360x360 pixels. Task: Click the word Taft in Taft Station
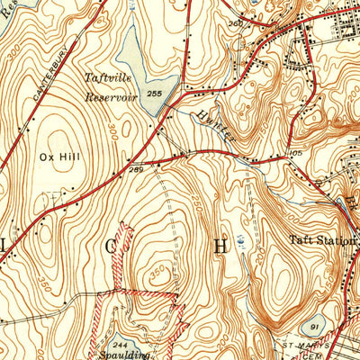[300, 240]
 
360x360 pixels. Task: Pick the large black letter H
[220, 243]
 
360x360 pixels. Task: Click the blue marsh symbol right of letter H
[242, 241]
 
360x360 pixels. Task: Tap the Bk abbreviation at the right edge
[353, 200]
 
